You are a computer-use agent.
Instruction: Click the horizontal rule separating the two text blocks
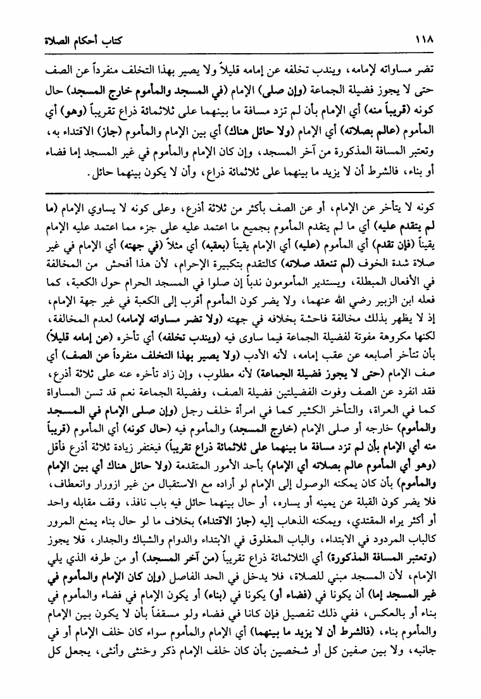coord(240,191)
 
